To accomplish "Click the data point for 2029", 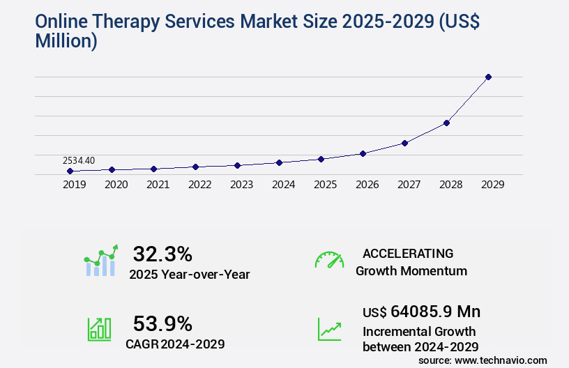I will [x=488, y=77].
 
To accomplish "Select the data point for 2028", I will [x=446, y=123].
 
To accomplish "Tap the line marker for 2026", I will [x=363, y=153].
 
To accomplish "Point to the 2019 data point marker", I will [x=70, y=171].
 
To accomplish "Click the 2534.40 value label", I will [x=78, y=160].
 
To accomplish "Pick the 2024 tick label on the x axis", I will [x=283, y=185].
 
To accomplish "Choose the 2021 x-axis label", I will [x=158, y=185].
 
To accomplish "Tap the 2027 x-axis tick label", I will [x=409, y=185].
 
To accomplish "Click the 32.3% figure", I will [x=162, y=254].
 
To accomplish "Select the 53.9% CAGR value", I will [x=162, y=323].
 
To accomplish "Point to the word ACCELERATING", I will [x=408, y=253].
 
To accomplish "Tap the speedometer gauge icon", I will [x=329, y=260].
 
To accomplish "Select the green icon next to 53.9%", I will [x=99, y=329].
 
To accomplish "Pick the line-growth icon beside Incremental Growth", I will [x=329, y=329].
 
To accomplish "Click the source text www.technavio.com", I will [x=501, y=360].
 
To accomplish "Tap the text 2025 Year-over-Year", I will [x=189, y=274].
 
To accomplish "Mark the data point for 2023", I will [x=237, y=165].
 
